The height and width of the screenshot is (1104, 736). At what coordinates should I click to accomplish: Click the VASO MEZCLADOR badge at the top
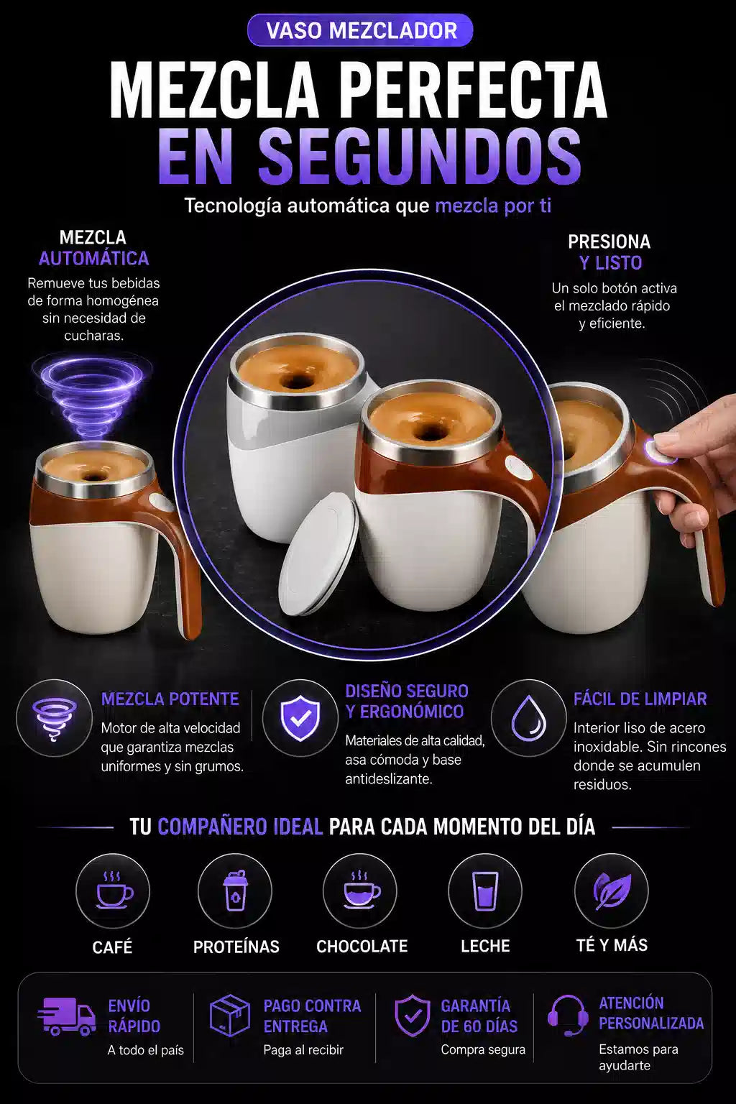(x=360, y=31)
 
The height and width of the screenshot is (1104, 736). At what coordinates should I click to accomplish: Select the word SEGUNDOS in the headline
(x=420, y=155)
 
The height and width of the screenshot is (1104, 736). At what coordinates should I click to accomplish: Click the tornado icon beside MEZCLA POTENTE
(x=54, y=717)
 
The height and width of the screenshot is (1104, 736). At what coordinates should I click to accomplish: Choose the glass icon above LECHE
(x=485, y=891)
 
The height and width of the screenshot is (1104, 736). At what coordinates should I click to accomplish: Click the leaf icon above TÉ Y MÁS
(x=612, y=891)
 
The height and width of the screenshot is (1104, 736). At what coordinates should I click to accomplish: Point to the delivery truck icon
(x=67, y=1016)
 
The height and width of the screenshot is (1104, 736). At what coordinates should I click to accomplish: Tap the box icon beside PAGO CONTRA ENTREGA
(x=230, y=1016)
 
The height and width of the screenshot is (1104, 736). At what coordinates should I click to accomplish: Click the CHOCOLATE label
(x=362, y=946)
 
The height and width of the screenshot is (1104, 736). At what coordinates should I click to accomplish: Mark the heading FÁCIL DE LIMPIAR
(x=640, y=699)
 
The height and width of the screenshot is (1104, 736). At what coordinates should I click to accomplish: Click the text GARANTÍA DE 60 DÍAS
(x=479, y=1016)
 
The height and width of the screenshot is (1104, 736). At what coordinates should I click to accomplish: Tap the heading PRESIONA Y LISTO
(x=609, y=252)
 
